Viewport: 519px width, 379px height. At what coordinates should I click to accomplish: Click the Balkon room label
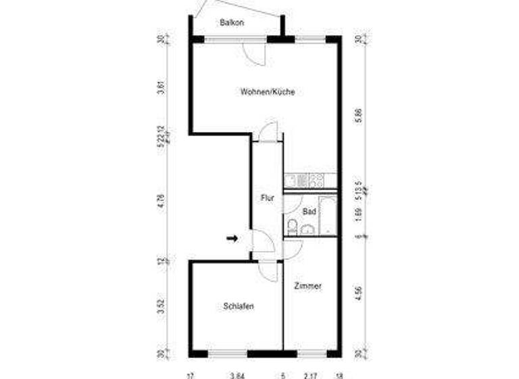pos(232,22)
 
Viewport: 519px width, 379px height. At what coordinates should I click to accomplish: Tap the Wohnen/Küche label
pos(268,92)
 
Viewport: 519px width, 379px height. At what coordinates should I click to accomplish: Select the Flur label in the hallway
pos(267,198)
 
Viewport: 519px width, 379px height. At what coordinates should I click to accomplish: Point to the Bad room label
pos(309,212)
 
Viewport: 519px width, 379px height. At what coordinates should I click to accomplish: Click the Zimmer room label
pos(307,286)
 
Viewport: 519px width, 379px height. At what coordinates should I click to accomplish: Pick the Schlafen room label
pos(239,307)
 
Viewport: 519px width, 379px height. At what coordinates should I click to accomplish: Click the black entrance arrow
pos(232,238)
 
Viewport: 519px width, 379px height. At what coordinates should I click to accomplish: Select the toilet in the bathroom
pos(292,226)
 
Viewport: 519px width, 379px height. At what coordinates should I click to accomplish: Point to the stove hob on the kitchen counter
pos(315,181)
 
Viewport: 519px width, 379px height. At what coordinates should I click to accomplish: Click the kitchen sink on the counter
pos(295,181)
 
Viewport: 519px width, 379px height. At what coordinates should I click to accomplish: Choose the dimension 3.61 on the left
pos(161,87)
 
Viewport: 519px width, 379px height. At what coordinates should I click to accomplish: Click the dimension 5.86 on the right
pos(359,115)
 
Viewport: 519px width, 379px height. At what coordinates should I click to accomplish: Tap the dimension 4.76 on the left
pos(161,200)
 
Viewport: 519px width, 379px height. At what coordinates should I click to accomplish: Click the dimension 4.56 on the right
pos(359,294)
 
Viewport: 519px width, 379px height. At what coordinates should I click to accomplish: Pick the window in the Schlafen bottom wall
pos(227,353)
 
